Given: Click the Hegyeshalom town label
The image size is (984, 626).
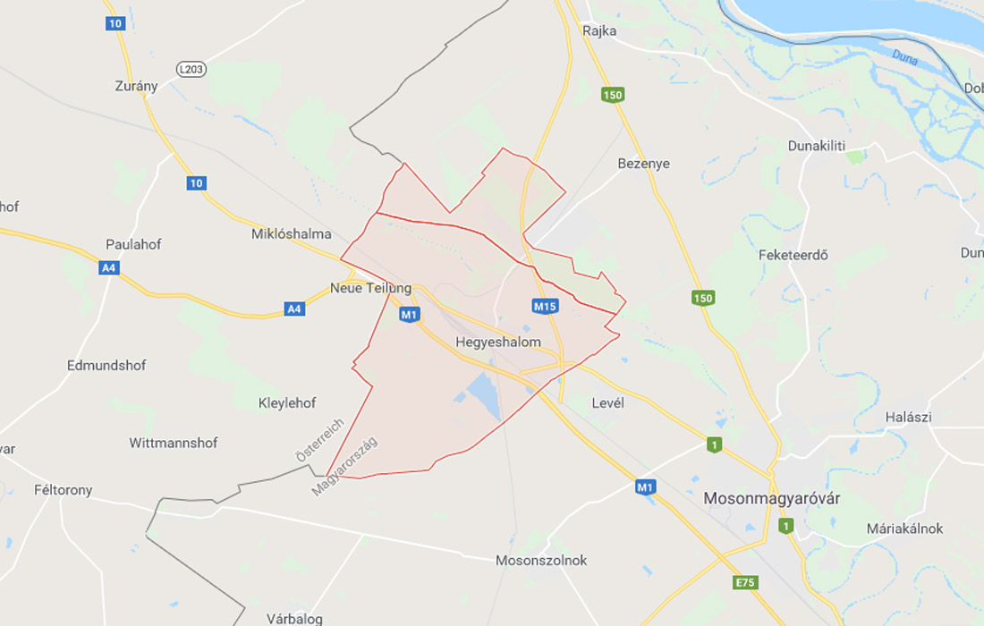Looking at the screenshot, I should pyautogui.click(x=498, y=343).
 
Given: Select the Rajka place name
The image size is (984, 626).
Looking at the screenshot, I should pyautogui.click(x=599, y=30).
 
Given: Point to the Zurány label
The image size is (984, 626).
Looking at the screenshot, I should pyautogui.click(x=136, y=86).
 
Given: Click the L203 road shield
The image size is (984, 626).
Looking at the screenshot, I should pyautogui.click(x=191, y=69).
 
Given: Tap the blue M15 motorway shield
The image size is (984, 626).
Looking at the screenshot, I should pyautogui.click(x=545, y=307).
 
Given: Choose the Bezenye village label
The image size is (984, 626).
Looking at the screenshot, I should pyautogui.click(x=643, y=164).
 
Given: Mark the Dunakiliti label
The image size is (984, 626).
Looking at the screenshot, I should pyautogui.click(x=816, y=146).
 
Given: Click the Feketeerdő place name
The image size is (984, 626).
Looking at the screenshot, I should pyautogui.click(x=793, y=255).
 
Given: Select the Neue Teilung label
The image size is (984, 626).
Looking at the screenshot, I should pyautogui.click(x=370, y=288).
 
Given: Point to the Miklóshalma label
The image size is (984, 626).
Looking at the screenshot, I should pyautogui.click(x=292, y=234).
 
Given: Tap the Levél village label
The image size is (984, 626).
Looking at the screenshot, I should pyautogui.click(x=607, y=403).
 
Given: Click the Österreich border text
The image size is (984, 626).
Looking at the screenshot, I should pyautogui.click(x=318, y=440).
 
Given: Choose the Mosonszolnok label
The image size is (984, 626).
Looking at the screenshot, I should pyautogui.click(x=541, y=561).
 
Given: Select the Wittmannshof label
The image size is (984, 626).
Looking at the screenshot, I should pyautogui.click(x=174, y=443).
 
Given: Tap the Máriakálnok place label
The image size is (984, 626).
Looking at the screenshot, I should pyautogui.click(x=904, y=529).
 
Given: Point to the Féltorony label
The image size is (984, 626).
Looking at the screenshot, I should pyautogui.click(x=63, y=490).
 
